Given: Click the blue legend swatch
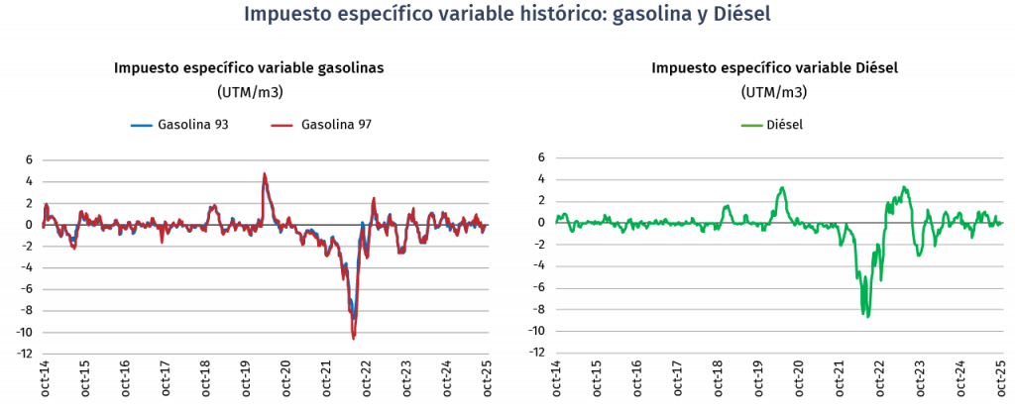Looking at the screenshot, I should pos(142,126).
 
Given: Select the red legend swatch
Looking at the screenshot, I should pos(282,126).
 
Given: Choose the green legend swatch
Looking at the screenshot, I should pos(752,126).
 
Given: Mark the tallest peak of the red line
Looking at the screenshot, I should pos(264,173).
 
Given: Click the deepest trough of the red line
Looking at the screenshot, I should pos(353,338).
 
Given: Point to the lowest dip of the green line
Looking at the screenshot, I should pos(867,317).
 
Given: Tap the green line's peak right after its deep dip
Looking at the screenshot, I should pos(905,186).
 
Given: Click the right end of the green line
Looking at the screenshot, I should pos(1001,223).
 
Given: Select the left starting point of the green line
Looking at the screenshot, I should pos(557,220).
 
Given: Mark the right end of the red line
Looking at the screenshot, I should pos(485,228).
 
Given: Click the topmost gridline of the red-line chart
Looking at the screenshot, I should pos(266,160).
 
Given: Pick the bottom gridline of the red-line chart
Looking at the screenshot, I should pos(266,354).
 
